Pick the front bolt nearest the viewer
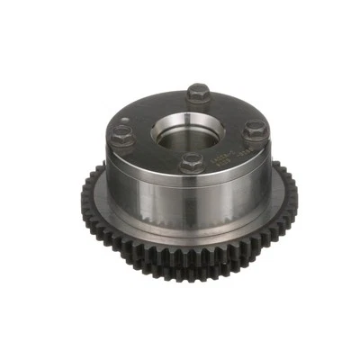click(189, 163)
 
